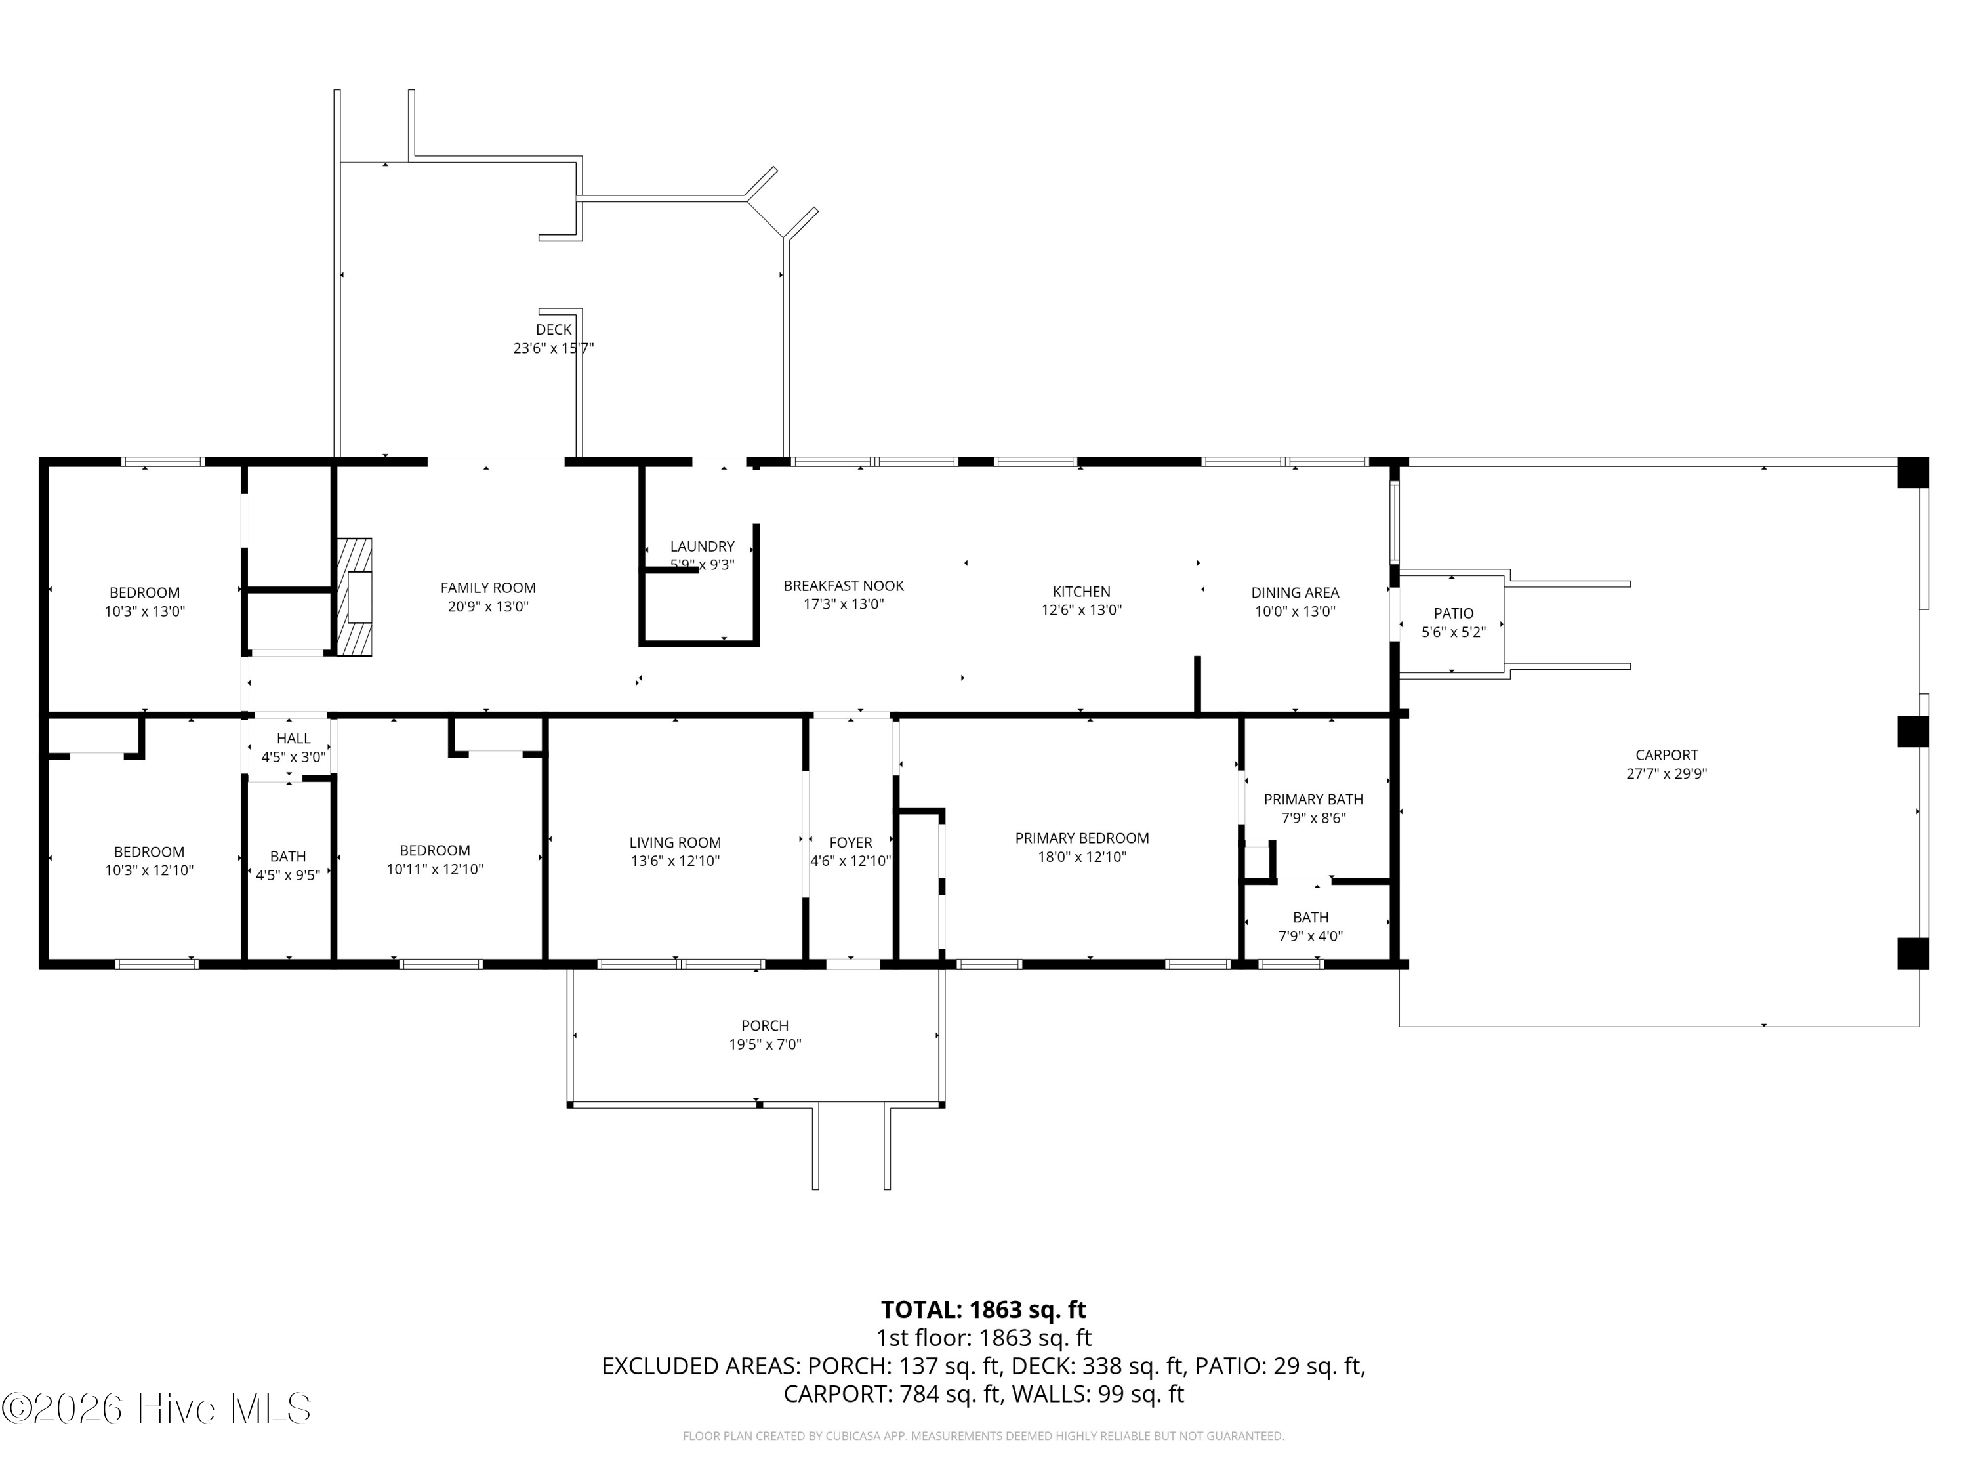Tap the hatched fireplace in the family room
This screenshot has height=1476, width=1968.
(x=354, y=597)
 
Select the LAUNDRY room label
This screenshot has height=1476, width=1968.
(x=702, y=546)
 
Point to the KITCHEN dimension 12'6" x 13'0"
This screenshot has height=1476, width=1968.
(x=1081, y=610)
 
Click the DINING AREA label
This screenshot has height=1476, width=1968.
(x=1294, y=592)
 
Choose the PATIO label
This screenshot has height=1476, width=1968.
(x=1453, y=613)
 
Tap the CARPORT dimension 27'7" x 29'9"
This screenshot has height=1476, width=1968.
(x=1666, y=774)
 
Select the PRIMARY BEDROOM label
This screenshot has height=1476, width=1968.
(x=1081, y=838)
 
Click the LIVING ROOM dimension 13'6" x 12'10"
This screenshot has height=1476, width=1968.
(x=674, y=861)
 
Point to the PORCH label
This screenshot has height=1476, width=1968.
(x=764, y=1026)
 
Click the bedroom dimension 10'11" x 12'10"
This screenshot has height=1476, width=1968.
(x=434, y=869)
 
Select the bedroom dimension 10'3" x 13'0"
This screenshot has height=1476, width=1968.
(x=144, y=611)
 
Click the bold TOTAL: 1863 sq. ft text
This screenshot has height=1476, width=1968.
(x=983, y=1309)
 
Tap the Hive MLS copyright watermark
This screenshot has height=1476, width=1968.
(x=157, y=1408)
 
